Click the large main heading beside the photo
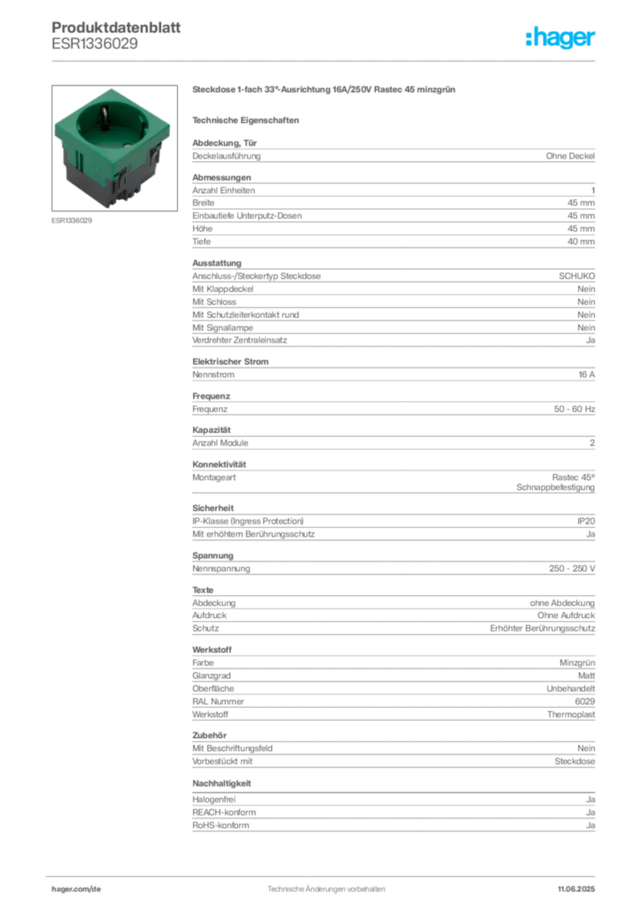[326, 90]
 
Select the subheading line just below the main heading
[249, 119]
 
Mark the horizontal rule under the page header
[326, 60]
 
